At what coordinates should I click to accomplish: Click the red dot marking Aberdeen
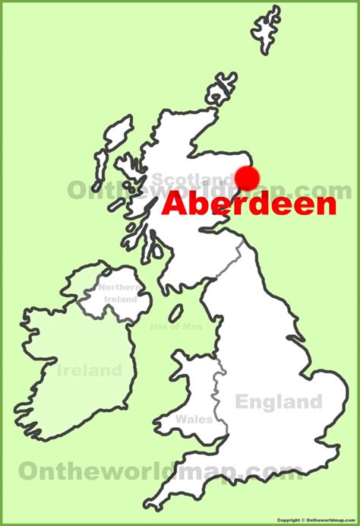click(x=248, y=177)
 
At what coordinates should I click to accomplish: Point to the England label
click(x=278, y=401)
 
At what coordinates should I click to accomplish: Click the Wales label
click(x=194, y=419)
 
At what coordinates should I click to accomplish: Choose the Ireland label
click(x=89, y=370)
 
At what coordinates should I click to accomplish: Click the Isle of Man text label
click(x=178, y=327)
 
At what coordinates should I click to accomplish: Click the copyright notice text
click(x=317, y=520)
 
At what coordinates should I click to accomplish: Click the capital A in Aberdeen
click(x=174, y=204)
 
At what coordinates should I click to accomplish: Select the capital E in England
click(x=242, y=401)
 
